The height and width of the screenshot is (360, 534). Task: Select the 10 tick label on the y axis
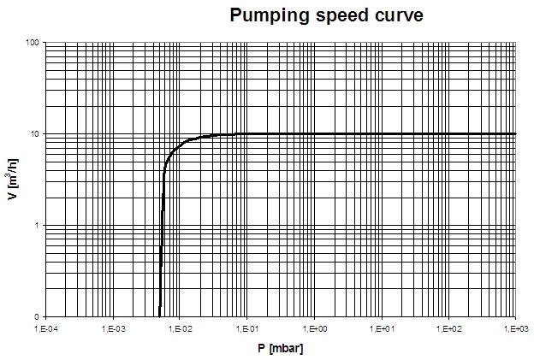[x=35, y=134]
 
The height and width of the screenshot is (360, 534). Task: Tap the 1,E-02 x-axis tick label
[x=180, y=328]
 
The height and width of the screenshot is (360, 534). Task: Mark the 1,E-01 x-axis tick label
[x=246, y=328]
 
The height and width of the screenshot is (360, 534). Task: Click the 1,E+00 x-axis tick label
[x=314, y=328]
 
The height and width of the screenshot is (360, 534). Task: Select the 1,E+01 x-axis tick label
[x=381, y=328]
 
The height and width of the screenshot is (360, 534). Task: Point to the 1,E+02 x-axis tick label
[x=448, y=328]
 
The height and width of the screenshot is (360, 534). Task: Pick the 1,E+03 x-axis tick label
[x=515, y=328]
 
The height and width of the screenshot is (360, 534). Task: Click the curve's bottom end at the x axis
[x=159, y=316]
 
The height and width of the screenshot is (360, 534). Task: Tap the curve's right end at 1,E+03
[x=515, y=133]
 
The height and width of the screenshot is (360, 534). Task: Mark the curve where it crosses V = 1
[x=162, y=226]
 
